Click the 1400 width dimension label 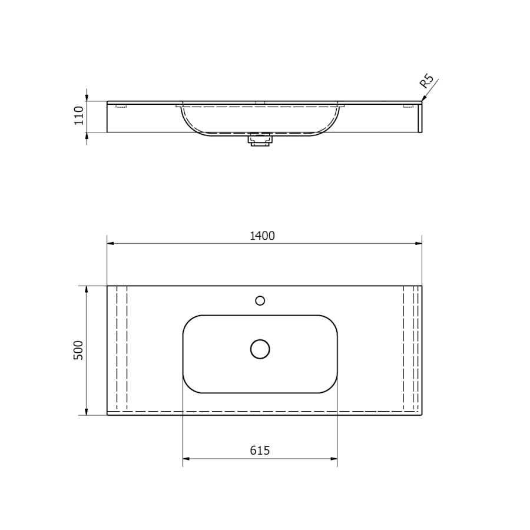click(x=262, y=236)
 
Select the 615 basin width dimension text click(x=260, y=450)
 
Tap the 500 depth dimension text click(x=78, y=350)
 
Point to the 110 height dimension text click(x=79, y=115)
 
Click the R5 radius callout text click(x=426, y=81)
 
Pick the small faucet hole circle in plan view click(x=260, y=300)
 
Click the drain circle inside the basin click(x=260, y=349)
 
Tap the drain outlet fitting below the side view click(x=260, y=140)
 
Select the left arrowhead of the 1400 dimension click(x=111, y=243)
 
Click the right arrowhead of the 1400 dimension click(x=419, y=243)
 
